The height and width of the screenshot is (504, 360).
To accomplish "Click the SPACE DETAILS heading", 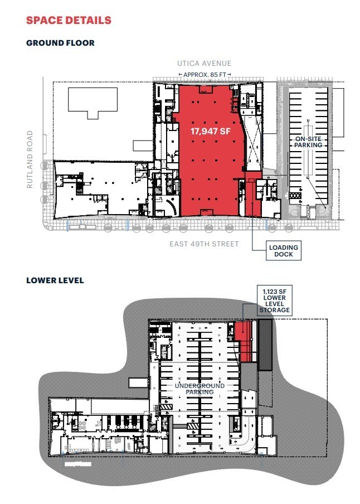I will point(69,21).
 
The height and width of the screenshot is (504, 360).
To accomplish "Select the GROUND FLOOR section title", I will point(60,42).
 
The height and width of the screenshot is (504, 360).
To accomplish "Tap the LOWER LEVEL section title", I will point(55,280).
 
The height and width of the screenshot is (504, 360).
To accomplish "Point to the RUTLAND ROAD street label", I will point(30,159).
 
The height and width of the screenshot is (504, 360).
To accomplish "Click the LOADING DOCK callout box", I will point(284,251).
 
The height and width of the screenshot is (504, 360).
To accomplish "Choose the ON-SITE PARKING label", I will point(309,142).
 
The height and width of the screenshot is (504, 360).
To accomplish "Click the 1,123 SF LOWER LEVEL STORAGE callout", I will point(273,301).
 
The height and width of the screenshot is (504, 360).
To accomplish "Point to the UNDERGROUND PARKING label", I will point(200,389).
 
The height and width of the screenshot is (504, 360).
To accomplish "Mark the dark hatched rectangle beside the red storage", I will point(265,344).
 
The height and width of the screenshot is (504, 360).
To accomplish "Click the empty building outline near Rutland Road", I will point(93,102).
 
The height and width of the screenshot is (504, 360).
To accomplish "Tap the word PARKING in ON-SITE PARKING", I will point(309,145).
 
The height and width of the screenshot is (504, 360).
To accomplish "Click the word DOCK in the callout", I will point(284,255).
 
